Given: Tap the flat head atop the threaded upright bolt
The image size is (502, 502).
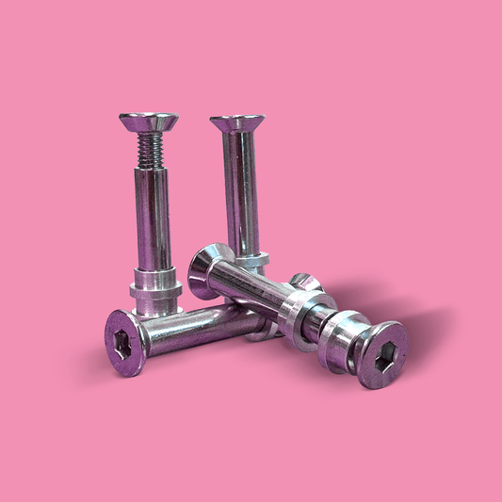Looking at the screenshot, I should tap(148, 121).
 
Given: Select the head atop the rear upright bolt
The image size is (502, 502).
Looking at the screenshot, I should tap(236, 123).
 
